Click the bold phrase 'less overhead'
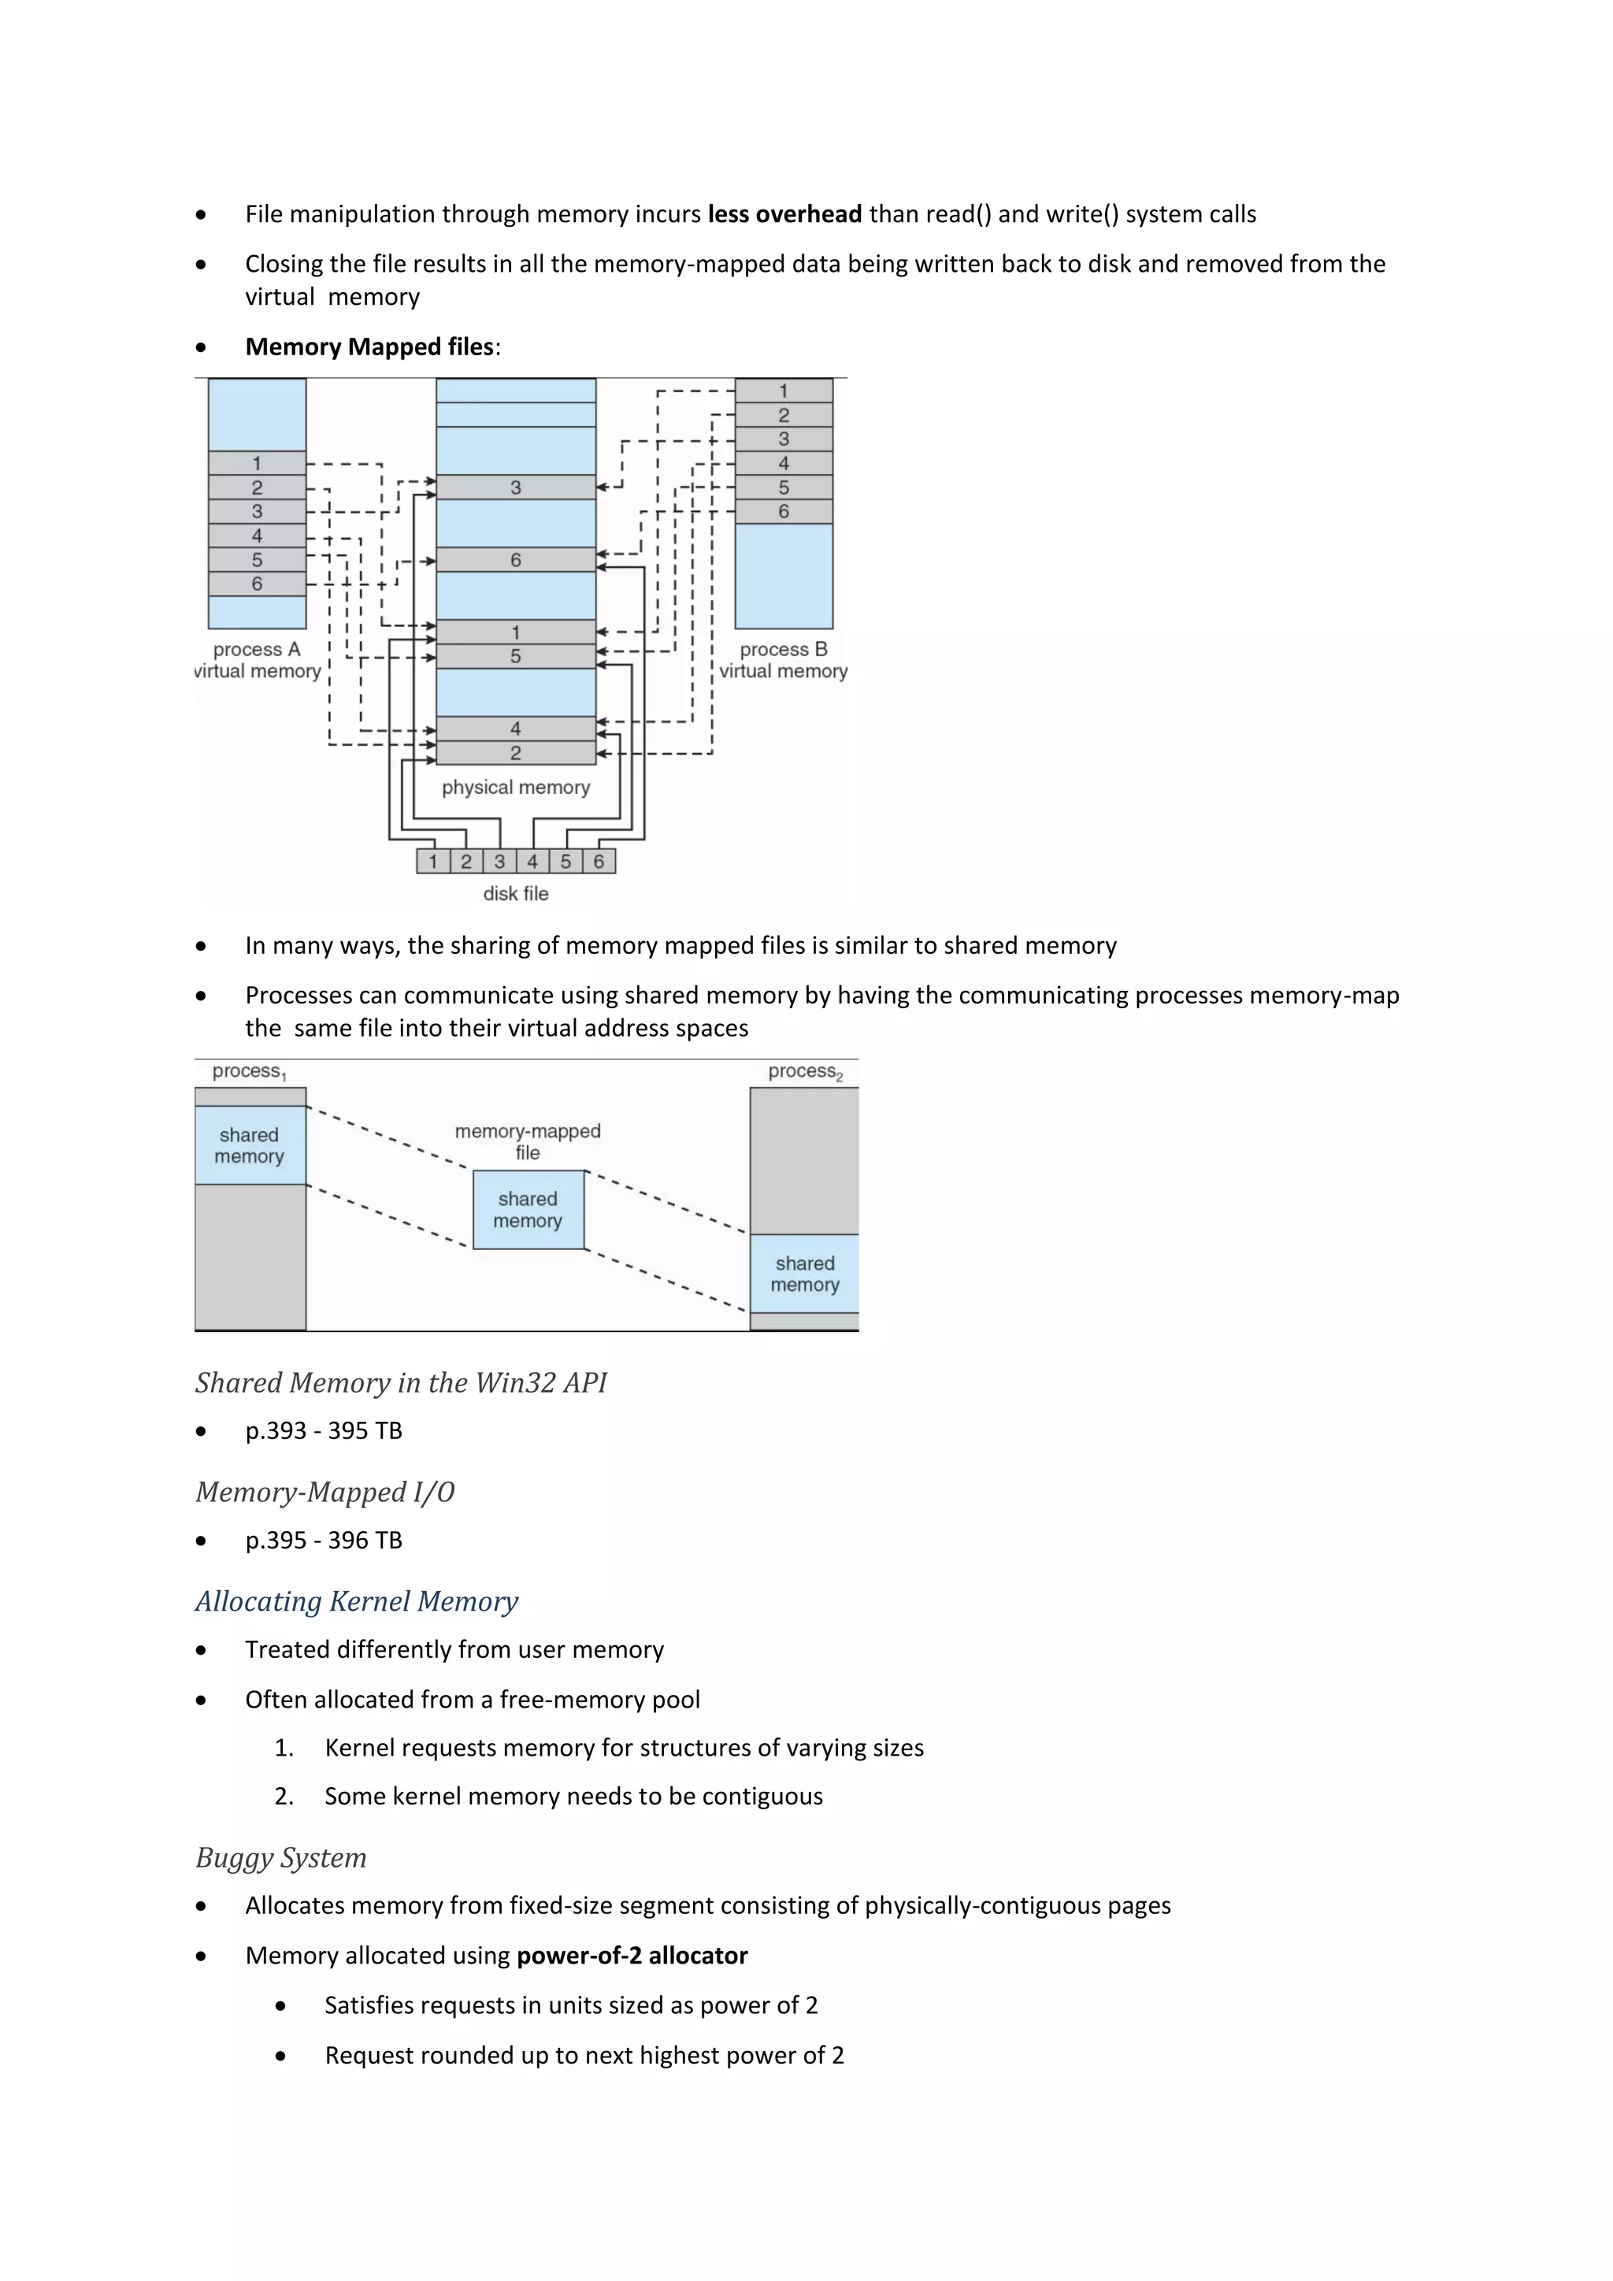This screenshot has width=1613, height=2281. (784, 214)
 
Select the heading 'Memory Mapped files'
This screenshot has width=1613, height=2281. (369, 347)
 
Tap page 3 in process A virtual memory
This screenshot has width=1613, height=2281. (256, 512)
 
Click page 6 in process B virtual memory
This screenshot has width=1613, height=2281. (783, 512)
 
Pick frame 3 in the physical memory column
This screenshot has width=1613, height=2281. (516, 488)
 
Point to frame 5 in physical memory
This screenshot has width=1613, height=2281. (516, 657)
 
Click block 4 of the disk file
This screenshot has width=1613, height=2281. (532, 862)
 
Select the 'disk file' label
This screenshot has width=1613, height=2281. (516, 893)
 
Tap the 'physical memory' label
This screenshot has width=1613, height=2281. (516, 787)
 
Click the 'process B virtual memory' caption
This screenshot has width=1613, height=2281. (783, 660)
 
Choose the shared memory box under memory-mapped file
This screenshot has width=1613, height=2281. (528, 1210)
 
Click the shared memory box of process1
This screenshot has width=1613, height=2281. (250, 1145)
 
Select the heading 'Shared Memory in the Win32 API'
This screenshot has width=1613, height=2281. (400, 1383)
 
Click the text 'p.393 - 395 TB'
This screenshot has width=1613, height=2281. (324, 1430)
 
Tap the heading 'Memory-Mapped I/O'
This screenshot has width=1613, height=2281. (324, 1493)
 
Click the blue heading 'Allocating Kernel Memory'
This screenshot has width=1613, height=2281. (357, 1601)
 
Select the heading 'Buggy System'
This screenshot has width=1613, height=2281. (281, 1858)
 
